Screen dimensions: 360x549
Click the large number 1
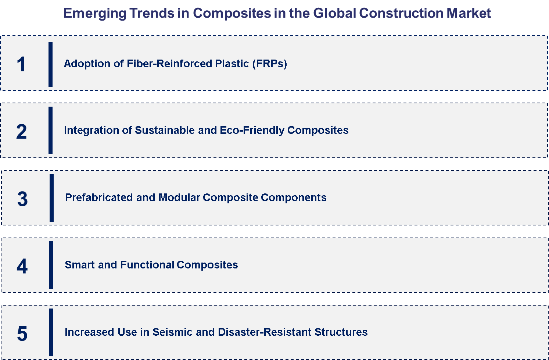(21, 64)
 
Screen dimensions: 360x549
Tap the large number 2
(21, 132)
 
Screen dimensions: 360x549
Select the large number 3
(22, 199)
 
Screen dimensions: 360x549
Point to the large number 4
(22, 266)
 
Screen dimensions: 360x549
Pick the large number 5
(22, 334)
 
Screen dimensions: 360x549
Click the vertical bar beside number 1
(51, 65)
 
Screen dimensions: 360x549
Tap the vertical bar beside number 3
(52, 198)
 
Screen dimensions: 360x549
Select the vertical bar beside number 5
(51, 332)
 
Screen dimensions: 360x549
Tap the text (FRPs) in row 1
(269, 64)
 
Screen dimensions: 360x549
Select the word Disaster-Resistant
(265, 332)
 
